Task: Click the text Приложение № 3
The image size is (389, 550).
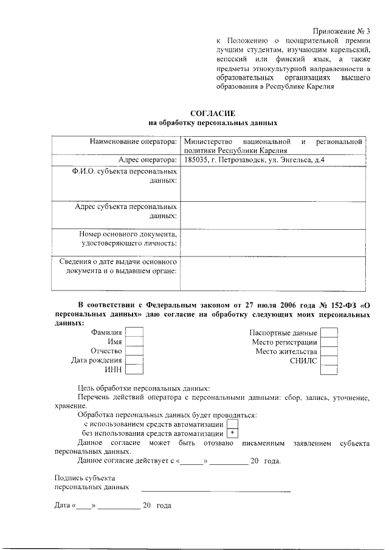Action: [x=340, y=31]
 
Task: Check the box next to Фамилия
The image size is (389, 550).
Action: [x=134, y=333]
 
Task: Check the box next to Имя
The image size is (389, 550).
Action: [x=134, y=342]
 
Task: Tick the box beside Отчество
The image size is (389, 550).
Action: [x=134, y=351]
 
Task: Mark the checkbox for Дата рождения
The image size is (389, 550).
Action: [x=134, y=360]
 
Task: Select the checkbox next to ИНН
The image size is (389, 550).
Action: [x=134, y=370]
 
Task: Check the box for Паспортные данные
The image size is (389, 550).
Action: [x=329, y=333]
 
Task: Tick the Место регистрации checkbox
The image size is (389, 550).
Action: [x=329, y=342]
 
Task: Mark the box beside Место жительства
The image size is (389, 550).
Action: [x=329, y=351]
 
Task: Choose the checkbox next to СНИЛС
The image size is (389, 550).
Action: [x=329, y=361]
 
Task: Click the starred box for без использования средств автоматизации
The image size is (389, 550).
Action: [x=232, y=433]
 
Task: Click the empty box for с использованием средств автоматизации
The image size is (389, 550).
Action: [x=232, y=424]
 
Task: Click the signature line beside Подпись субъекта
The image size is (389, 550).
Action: [x=216, y=490]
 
